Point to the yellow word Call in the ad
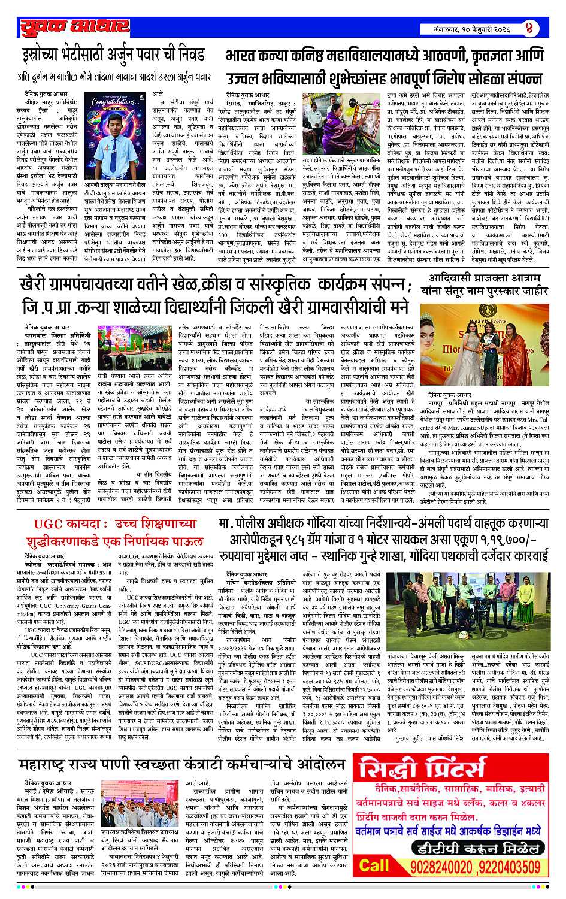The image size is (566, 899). [x=374, y=865]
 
